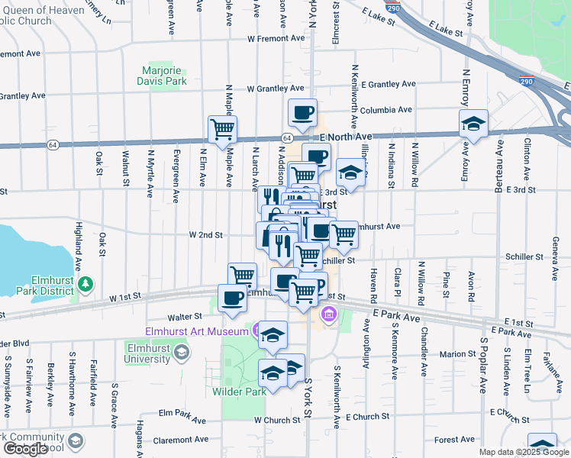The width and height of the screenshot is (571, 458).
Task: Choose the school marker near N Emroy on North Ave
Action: (x=473, y=124)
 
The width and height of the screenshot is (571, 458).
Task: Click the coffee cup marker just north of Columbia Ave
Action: (x=302, y=113)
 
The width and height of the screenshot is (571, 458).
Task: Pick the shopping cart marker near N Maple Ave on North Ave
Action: (x=222, y=130)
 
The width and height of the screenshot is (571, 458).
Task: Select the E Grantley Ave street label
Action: (x=389, y=84)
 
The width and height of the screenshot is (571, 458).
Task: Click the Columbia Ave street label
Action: (x=386, y=110)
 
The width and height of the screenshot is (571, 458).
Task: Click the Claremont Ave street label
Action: (x=180, y=440)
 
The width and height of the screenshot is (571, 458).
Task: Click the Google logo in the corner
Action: (x=24, y=449)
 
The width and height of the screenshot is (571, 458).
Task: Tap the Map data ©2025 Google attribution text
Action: (x=523, y=452)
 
